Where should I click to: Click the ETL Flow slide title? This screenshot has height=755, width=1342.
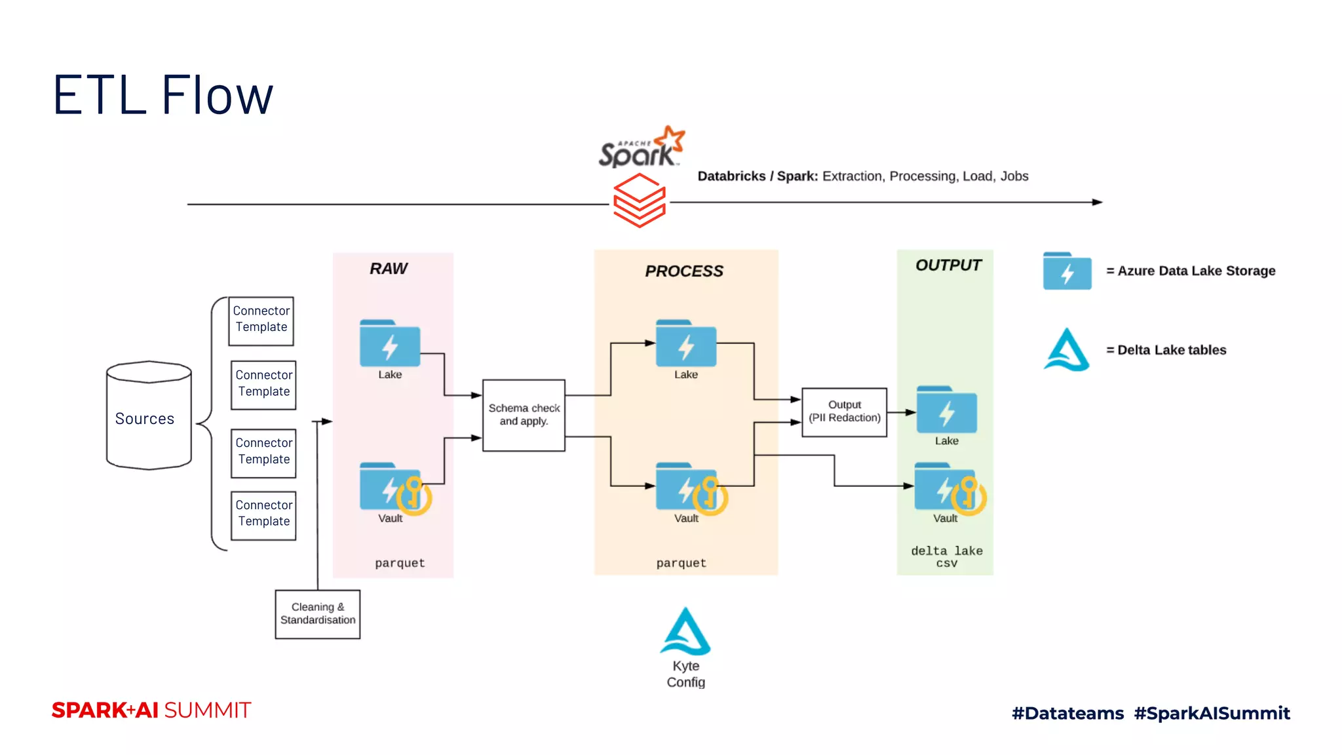163,96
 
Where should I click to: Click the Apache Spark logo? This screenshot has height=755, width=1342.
641,147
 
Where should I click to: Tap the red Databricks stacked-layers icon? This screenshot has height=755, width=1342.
639,201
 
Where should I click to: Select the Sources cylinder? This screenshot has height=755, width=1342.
148,416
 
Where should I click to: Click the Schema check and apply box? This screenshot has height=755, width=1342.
524,415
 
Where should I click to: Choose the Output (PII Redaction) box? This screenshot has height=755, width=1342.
844,412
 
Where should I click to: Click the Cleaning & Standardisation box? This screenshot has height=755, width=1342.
318,614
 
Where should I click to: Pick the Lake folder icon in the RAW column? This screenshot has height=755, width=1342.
389,343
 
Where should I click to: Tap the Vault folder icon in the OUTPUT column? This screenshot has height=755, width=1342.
948,488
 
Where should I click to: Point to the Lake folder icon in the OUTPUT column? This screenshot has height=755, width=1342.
946,410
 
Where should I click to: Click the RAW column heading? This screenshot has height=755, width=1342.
389,269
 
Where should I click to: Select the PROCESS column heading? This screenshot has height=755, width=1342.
684,271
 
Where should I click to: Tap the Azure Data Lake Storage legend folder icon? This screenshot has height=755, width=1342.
1067,271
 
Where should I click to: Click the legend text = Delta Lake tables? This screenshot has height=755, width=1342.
1166,350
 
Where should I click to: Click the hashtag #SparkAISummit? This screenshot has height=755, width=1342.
1212,713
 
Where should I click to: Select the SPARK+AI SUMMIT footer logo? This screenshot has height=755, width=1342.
151,710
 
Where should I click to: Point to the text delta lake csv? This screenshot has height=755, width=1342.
946,556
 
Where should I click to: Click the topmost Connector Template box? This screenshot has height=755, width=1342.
261,320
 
